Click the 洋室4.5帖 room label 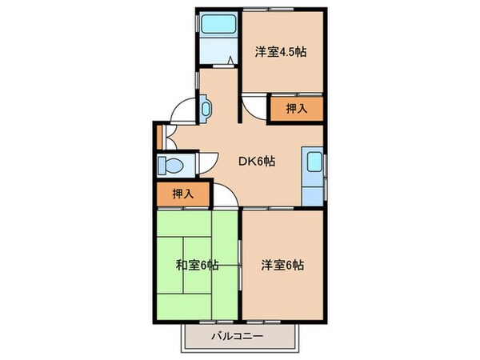click(x=281, y=53)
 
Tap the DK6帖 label click(x=257, y=161)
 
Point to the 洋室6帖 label click(x=281, y=265)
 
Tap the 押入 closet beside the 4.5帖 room click(x=295, y=109)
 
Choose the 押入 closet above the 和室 click(x=183, y=194)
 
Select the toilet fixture click(x=170, y=165)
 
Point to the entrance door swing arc click(x=182, y=111)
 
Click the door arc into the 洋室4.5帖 click(x=254, y=104)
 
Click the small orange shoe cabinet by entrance click(x=160, y=134)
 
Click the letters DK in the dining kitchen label click(x=246, y=161)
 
